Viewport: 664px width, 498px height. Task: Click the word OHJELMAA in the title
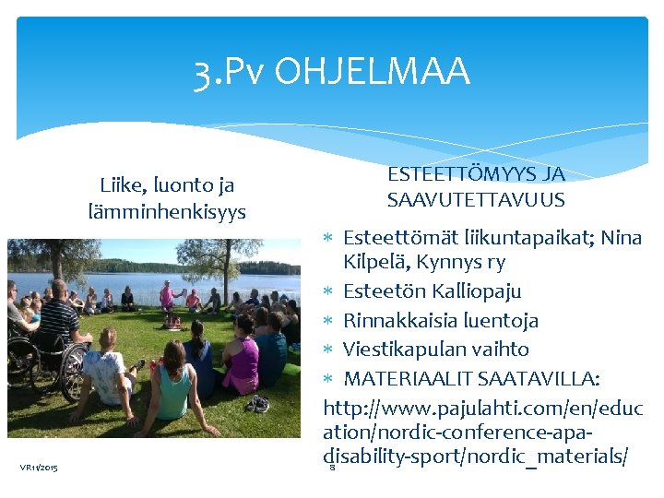373,72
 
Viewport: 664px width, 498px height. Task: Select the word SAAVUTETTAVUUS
476,200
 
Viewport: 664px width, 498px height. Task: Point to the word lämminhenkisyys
167,212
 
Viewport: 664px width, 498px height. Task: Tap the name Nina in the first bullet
621,238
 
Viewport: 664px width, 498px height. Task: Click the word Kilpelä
376,262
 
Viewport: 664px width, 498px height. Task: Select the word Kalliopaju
476,291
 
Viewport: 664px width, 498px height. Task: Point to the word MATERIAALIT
413,379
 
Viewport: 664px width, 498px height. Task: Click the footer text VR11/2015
39,468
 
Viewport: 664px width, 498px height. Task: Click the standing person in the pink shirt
166,297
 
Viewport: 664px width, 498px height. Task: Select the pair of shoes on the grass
258,403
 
